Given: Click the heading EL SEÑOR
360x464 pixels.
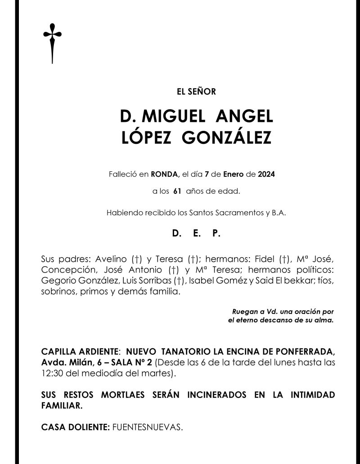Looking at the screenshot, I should [197, 92].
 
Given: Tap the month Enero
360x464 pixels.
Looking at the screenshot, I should [234, 173].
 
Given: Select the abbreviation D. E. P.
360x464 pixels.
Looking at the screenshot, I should [197, 234].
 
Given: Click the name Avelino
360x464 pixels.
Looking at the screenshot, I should [112, 260].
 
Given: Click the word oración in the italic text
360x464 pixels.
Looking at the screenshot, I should [309, 311].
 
